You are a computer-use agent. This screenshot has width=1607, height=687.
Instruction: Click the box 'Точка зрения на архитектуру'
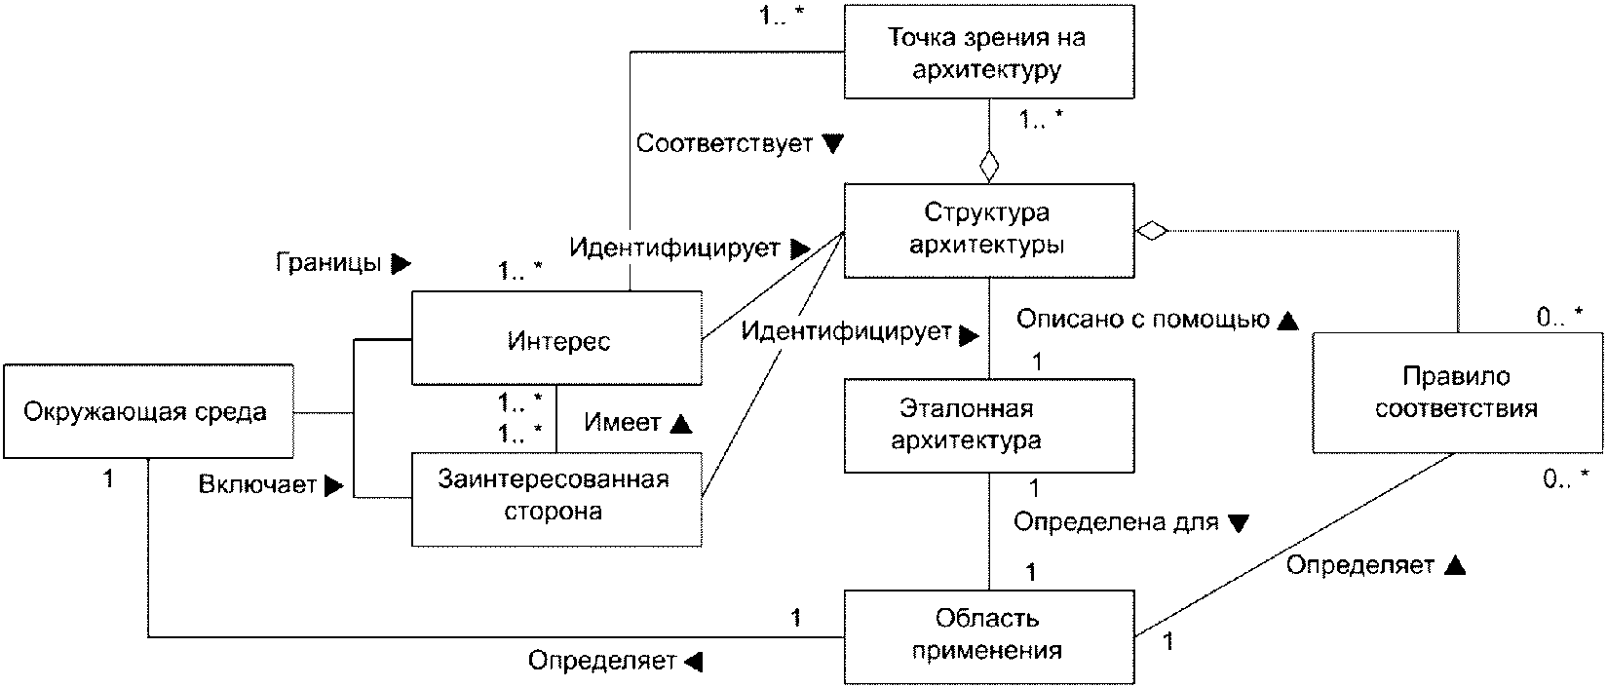pos(988,53)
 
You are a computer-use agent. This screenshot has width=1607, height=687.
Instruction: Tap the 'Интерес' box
pos(556,337)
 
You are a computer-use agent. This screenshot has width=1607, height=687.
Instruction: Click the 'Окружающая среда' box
pos(146,411)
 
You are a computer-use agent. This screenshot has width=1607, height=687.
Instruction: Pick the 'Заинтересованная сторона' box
pos(555,497)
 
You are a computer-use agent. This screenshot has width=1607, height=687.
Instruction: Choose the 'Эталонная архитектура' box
pos(988,425)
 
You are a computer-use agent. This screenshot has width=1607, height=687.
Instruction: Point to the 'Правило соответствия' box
pos(1456,392)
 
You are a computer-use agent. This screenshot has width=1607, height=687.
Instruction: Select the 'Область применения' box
pos(988,635)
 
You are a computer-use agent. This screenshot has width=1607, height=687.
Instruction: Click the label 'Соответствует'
pos(724,143)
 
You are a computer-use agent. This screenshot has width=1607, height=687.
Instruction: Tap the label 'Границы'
pos(328,262)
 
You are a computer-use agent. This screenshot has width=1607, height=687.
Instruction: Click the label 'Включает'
pos(257,484)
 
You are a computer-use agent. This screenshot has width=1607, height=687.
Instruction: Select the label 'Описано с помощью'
pos(1142,319)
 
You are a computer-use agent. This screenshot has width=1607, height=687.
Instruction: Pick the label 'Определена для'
pos(1116,521)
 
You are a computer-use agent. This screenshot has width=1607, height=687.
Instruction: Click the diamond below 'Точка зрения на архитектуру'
pos(989,165)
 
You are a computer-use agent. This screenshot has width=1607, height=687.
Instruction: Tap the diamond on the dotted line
pos(1152,231)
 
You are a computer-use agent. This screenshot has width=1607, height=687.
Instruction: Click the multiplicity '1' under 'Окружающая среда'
pos(108,478)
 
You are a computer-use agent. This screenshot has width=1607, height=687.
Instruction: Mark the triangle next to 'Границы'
pos(401,262)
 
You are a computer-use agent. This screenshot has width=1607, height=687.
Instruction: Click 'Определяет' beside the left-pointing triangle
pos(601,662)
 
